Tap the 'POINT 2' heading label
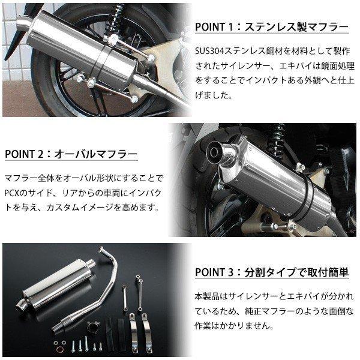tap(26, 154)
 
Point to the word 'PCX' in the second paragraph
tap(14, 194)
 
